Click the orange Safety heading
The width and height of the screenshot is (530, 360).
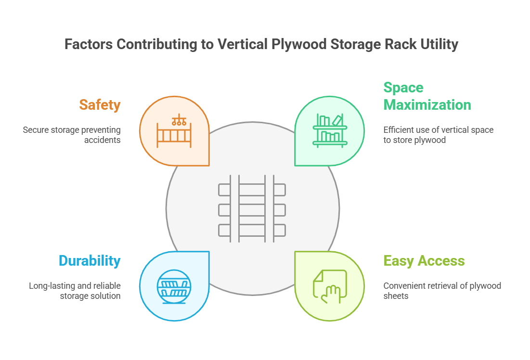coord(100,104)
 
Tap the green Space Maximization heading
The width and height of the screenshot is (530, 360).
coord(427,96)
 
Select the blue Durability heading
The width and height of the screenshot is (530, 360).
coord(90,261)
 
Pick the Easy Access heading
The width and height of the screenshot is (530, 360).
coord(424,261)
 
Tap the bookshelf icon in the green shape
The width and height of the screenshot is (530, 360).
coord(330,130)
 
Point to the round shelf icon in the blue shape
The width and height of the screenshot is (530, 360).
coord(174,286)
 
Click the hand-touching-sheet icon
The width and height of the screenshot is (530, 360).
coord(330,286)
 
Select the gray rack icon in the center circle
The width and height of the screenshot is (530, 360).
coord(252,208)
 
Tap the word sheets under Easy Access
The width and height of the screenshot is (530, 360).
coord(396,296)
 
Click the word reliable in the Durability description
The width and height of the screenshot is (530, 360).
coord(106,286)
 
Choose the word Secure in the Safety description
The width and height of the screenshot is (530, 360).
coord(36,130)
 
